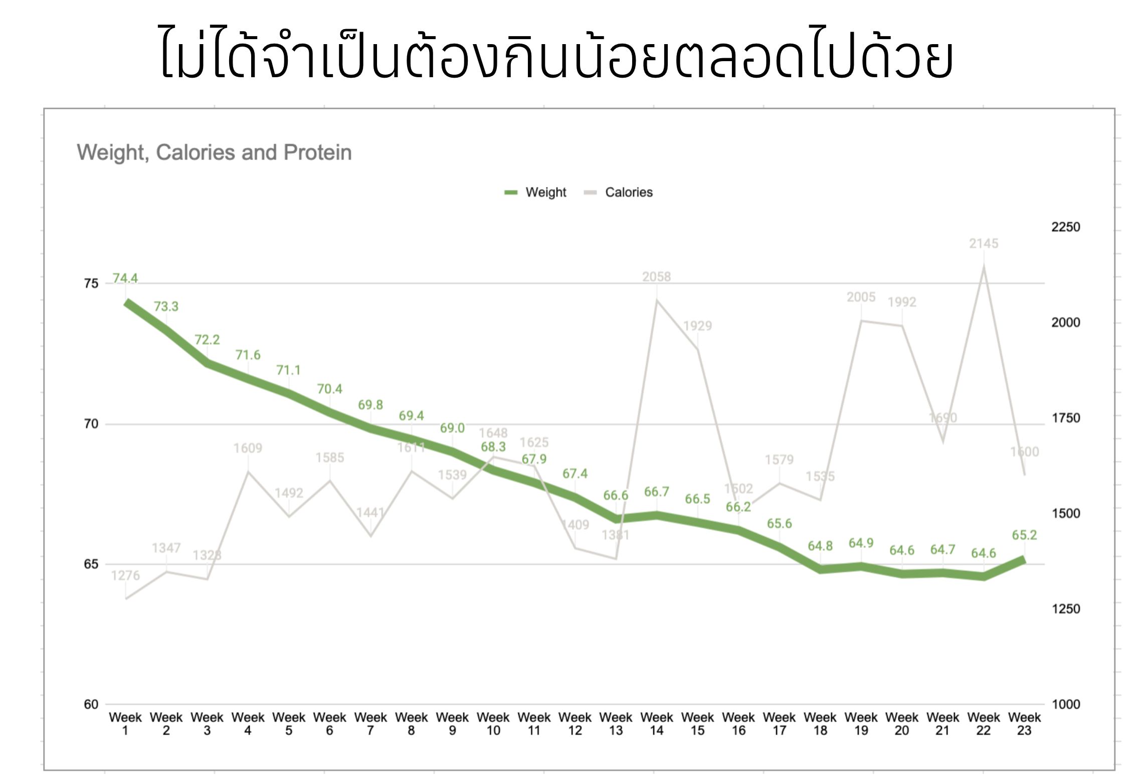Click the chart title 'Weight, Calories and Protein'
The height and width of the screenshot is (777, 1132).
[214, 152]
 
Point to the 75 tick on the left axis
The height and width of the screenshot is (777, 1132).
[91, 284]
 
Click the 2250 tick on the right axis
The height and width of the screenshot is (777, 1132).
[1065, 227]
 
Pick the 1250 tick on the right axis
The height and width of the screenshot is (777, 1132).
[1065, 609]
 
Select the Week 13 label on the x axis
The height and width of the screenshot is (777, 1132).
[616, 724]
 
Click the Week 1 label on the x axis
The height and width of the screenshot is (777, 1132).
[125, 724]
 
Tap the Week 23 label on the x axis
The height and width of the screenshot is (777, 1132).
[1024, 724]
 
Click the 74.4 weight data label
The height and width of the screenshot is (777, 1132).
[125, 278]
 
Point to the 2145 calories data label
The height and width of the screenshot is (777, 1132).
[983, 244]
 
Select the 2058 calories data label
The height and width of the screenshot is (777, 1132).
[656, 277]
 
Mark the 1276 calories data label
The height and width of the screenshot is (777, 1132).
[125, 575]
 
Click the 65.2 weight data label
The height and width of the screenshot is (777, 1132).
[1024, 535]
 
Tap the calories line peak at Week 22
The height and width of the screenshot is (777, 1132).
[984, 267]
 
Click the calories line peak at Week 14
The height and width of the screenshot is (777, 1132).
[657, 300]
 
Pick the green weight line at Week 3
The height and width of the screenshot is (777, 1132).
[207, 363]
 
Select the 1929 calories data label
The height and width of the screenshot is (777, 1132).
[697, 326]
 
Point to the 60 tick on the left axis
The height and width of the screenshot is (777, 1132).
[91, 704]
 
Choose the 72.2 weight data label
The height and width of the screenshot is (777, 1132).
[207, 340]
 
